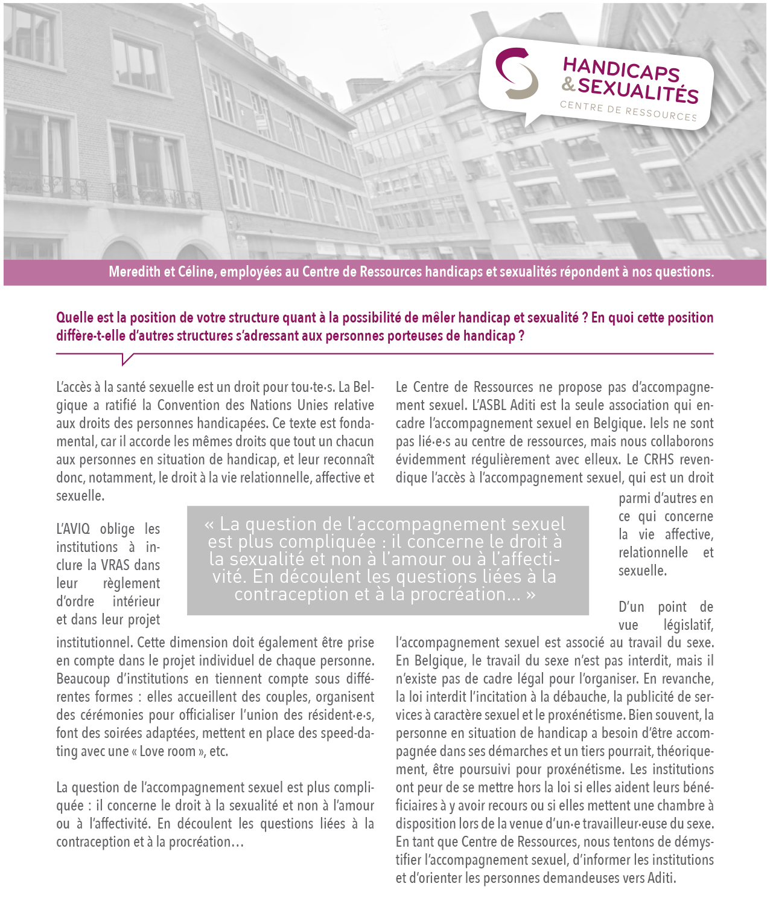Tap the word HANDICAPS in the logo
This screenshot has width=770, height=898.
(621, 68)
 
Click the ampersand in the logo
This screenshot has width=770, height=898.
(568, 83)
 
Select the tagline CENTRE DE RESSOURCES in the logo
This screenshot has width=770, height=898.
(628, 111)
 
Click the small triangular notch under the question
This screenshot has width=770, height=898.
(127, 360)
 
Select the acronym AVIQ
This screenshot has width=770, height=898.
(72, 529)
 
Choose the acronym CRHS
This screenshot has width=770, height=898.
(658, 460)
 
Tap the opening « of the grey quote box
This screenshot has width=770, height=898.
(209, 524)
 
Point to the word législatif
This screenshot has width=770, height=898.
(688, 625)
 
